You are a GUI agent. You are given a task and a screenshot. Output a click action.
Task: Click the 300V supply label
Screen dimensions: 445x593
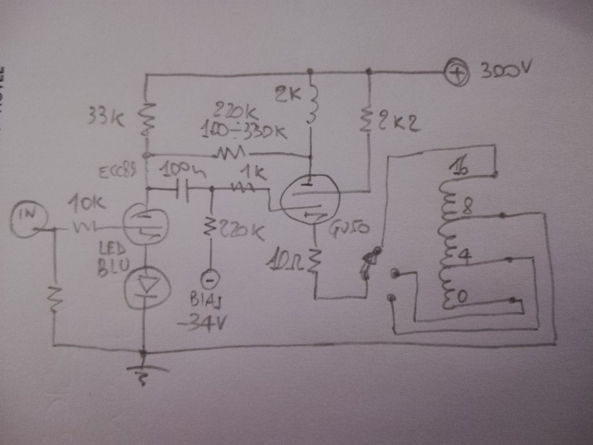(x=505, y=72)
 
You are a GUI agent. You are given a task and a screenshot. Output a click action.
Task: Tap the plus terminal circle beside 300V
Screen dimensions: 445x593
(x=456, y=74)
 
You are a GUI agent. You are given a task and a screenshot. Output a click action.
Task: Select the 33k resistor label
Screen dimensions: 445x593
(x=106, y=117)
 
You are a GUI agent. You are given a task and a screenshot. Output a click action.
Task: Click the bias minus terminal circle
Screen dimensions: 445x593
(x=209, y=279)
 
